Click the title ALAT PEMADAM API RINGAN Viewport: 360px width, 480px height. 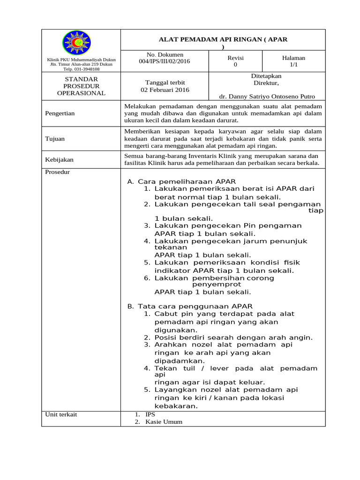tap(223, 39)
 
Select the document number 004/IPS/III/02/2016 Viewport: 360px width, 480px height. tap(165, 61)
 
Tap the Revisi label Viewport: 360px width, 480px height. tap(235, 58)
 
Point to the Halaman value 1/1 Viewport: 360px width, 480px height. tap(293, 65)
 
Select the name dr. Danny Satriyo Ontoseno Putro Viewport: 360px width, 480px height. tap(267, 97)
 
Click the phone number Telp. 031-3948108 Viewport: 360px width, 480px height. tap(82, 69)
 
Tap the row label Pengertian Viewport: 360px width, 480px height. tap(60, 113)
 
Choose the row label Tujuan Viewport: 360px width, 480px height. tap(55, 139)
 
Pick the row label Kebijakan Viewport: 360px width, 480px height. tap(59, 159)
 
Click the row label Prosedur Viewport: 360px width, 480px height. tap(57, 172)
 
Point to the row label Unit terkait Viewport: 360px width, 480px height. tap(61, 414)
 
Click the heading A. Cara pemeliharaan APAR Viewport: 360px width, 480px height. tap(181, 181)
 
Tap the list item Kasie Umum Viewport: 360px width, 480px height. tap(164, 421)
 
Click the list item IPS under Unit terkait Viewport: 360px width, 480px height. tap(150, 414)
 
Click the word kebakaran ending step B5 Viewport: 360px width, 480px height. tap(176, 406)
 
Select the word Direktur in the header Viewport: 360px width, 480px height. tap(266, 83)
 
